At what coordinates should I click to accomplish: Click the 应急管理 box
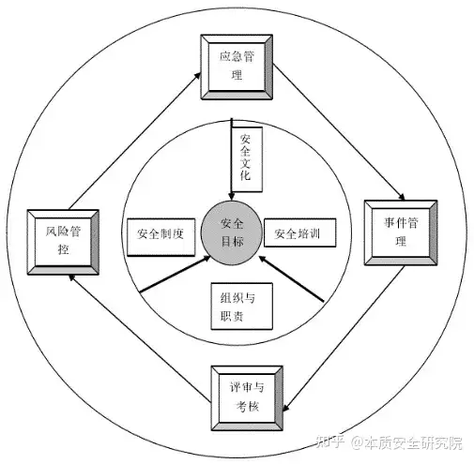coord(237,67)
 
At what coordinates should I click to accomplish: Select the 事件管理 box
coord(401,232)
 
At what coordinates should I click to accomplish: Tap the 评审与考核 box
coord(247,398)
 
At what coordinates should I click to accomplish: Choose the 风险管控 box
coord(63,242)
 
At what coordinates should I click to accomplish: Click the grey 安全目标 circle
coord(232,232)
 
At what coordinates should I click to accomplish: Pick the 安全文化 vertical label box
coord(247,159)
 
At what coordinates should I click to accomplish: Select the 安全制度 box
coord(161,237)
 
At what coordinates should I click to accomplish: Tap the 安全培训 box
coord(299,232)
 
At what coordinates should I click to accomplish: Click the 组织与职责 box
coord(242,307)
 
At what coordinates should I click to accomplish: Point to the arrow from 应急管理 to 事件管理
coord(339,132)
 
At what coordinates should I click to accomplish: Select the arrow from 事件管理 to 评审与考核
coord(344,338)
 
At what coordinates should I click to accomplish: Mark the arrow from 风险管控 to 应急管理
coord(135,141)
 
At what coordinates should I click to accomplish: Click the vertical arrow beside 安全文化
coord(232,159)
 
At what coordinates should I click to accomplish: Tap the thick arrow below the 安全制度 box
coord(176,275)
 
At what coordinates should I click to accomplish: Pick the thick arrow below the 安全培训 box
coord(292,278)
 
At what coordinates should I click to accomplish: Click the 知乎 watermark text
coord(330,442)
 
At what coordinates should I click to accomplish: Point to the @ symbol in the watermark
coord(358,443)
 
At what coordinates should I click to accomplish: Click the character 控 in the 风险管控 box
coord(64,249)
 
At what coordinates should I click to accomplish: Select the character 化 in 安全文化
coord(245,175)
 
